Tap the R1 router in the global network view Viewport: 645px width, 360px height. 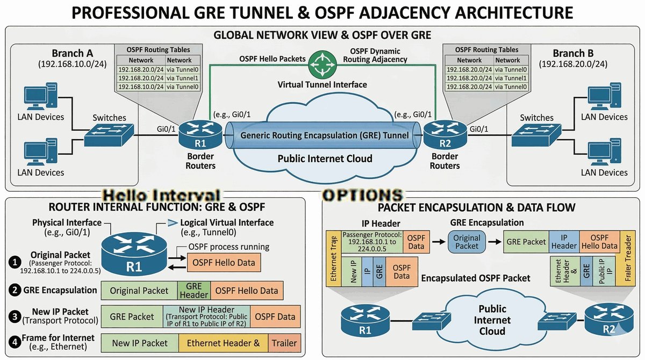200,134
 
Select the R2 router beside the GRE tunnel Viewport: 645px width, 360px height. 445,134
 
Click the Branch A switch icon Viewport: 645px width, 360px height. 109,135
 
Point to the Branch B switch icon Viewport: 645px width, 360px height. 536,135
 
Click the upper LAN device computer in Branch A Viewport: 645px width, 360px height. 41,96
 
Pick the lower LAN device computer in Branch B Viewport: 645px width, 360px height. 604,152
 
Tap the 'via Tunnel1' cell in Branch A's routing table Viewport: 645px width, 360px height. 183,78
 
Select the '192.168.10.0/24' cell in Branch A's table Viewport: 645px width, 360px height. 141,87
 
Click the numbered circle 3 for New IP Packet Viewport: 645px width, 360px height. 15,316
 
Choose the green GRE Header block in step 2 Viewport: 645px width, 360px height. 194,291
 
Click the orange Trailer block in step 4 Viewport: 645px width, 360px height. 284,343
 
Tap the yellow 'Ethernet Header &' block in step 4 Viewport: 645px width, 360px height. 223,343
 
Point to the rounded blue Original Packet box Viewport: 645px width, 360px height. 467,242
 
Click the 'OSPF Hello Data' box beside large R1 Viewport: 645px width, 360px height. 224,262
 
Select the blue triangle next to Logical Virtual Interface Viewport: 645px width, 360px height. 172,222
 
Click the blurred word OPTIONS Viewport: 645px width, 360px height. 362,195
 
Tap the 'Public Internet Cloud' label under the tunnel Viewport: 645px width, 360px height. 325,159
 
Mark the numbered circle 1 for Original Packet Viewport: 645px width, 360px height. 15,262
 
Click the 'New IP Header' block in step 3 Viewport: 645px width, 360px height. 207,316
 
